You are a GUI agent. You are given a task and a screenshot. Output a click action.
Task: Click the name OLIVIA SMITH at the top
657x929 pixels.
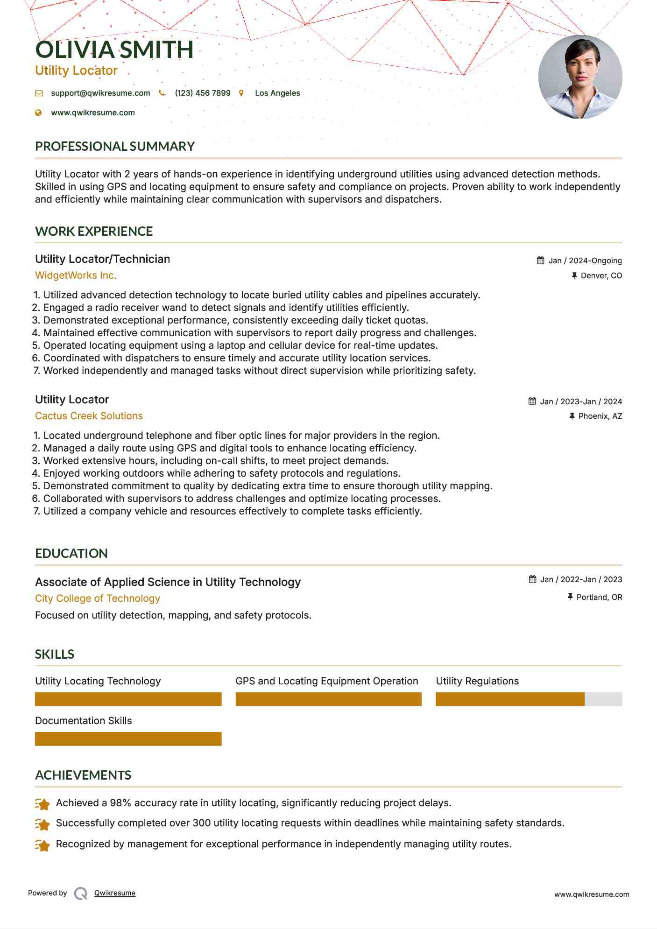click(114, 50)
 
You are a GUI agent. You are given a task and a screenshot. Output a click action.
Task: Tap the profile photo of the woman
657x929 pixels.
click(580, 77)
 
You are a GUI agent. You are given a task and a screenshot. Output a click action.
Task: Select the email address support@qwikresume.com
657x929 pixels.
click(100, 93)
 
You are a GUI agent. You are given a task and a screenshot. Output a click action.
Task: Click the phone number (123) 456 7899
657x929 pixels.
click(203, 93)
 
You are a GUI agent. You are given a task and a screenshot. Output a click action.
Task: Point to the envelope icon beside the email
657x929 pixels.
click(39, 93)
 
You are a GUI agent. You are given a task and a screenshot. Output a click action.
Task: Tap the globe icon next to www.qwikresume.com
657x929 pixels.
click(38, 113)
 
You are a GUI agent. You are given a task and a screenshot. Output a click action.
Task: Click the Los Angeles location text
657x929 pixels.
click(277, 93)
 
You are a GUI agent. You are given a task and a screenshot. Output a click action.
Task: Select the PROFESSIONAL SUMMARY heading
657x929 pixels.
click(115, 147)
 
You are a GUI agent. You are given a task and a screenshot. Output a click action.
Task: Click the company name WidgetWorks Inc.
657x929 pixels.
click(76, 275)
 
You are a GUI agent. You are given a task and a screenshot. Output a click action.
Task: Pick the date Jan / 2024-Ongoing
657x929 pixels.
click(585, 260)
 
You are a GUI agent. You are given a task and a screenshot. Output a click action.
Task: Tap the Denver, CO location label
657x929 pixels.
click(601, 275)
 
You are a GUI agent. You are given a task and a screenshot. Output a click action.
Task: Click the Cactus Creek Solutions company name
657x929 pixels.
click(89, 416)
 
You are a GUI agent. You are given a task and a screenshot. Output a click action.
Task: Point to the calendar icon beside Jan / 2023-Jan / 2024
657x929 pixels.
click(532, 401)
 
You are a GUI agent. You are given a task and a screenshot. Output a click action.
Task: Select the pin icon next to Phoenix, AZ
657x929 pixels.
click(572, 416)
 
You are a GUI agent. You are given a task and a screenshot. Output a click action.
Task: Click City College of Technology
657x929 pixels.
click(98, 598)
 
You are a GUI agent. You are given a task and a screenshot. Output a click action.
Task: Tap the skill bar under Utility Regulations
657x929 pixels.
click(529, 699)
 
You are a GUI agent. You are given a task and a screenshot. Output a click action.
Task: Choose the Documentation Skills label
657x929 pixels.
click(84, 721)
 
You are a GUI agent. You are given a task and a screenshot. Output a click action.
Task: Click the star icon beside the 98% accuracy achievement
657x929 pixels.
click(42, 804)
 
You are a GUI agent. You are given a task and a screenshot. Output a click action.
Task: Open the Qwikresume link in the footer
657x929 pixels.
click(115, 893)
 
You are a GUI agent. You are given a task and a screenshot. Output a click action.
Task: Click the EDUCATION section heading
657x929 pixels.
click(71, 554)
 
